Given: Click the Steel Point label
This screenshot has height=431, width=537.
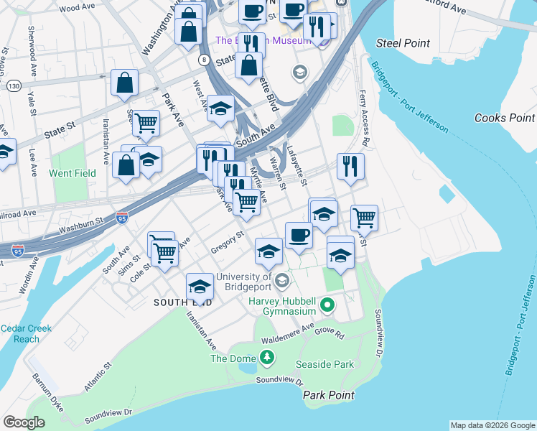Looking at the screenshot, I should (403, 43).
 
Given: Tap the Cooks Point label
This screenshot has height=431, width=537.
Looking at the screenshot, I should (505, 118).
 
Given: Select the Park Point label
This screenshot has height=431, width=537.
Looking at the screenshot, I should (328, 395).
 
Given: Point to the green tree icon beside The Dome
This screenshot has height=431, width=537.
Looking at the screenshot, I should (267, 357).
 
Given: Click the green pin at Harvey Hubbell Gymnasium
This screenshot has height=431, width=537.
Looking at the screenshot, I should (328, 306).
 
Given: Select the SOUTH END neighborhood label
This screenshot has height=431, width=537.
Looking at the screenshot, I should (182, 303).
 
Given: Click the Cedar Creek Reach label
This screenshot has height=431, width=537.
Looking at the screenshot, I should (27, 333).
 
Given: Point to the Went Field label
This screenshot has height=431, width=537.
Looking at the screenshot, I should (72, 173).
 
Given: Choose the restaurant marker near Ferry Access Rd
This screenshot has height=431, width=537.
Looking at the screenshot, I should (350, 166).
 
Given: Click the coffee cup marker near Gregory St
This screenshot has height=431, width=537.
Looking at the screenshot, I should (299, 234).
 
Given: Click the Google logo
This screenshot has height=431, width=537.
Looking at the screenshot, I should (24, 422).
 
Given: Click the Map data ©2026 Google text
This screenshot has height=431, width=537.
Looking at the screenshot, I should (492, 425).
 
